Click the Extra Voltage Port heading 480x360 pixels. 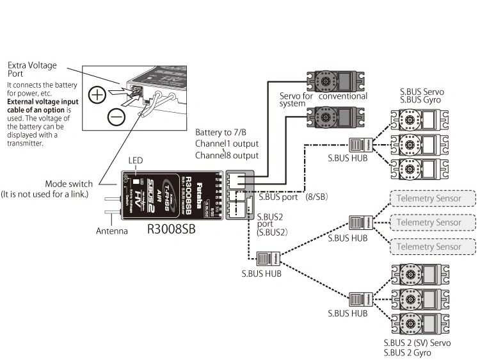tap(32, 70)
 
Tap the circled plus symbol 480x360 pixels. tap(97, 95)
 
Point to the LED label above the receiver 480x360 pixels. tap(135, 160)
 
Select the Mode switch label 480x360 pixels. tap(68, 184)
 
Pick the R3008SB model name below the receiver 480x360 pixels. tap(171, 227)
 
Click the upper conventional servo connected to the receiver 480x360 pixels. tap(332, 81)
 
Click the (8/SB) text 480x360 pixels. tap(316, 197)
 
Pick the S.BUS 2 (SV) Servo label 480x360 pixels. tap(417, 343)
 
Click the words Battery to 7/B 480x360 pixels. tap(221, 133)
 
